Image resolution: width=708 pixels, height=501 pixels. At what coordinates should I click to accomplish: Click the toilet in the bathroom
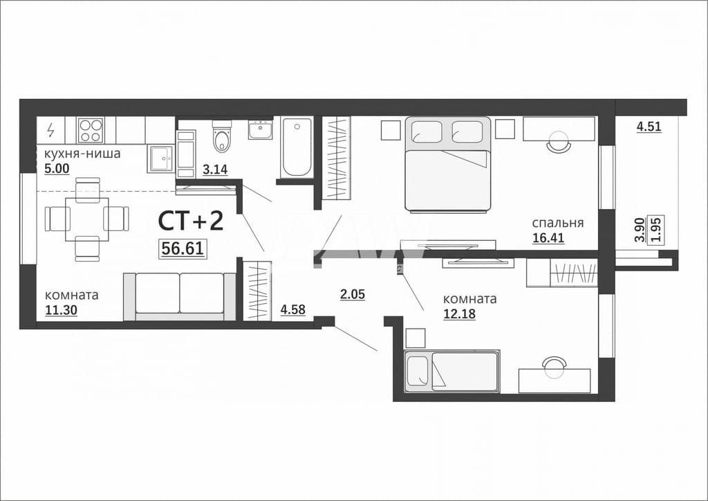click(221, 136)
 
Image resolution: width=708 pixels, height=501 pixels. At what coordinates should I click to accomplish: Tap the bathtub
click(297, 147)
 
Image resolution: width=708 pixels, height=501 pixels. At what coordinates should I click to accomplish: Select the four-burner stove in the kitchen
click(91, 130)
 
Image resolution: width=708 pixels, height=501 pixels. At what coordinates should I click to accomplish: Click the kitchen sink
click(160, 158)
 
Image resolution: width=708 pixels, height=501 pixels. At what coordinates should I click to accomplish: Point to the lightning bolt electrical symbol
click(50, 130)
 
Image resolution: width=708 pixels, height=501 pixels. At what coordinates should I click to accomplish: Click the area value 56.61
click(183, 248)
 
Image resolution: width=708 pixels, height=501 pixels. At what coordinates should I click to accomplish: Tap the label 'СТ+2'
click(191, 221)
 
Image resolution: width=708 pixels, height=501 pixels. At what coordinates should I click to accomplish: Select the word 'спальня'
click(558, 223)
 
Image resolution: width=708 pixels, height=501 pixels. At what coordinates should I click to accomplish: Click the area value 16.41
click(548, 237)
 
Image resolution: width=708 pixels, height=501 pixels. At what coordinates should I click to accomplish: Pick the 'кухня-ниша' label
click(82, 154)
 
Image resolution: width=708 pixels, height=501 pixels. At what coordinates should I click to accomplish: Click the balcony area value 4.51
click(649, 127)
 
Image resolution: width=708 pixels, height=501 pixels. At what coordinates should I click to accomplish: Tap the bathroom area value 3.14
click(215, 170)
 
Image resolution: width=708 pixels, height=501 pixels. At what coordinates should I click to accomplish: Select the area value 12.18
click(459, 313)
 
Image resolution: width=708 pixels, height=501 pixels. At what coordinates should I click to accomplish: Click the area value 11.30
click(61, 310)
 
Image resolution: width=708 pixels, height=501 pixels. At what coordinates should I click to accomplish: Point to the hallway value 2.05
click(352, 295)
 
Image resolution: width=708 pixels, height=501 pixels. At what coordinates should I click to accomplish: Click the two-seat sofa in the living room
click(180, 296)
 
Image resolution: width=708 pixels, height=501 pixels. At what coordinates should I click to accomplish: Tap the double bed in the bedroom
click(448, 165)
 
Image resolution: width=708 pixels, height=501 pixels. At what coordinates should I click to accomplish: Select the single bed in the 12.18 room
click(452, 372)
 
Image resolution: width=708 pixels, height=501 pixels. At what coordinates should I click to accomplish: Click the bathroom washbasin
click(261, 129)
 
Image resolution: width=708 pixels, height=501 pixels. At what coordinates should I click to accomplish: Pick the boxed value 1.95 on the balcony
click(657, 230)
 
